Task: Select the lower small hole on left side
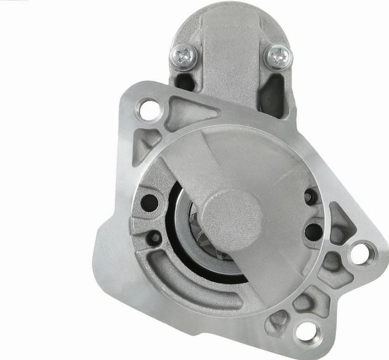point(155,237)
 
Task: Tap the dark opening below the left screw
point(183,81)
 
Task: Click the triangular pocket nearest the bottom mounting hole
point(279,319)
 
